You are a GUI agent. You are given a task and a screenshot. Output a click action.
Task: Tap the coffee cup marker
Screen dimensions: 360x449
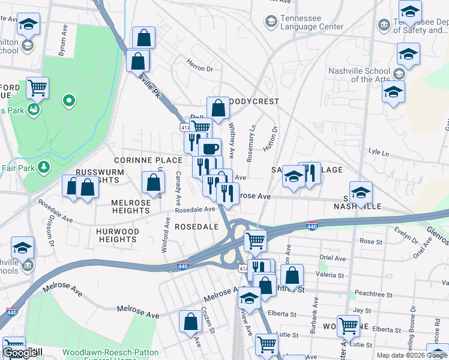click(209, 148)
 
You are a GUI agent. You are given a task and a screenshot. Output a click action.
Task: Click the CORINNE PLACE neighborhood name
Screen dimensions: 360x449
click(148, 160)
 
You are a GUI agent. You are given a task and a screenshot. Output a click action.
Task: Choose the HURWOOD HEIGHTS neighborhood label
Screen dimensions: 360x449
click(118, 235)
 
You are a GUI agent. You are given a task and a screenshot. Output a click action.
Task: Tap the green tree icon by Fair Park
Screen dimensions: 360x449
click(43, 167)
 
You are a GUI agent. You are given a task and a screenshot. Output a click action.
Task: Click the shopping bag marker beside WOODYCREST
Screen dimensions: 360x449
click(218, 109)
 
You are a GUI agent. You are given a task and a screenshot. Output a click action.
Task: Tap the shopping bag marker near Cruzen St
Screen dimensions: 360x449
click(191, 322)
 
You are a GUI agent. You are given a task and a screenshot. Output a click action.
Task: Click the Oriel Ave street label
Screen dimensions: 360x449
click(333, 259)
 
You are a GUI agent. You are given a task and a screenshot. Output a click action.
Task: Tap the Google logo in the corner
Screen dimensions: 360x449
click(20, 353)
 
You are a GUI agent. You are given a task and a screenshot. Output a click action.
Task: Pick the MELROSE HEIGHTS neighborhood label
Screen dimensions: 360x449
click(131, 207)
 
